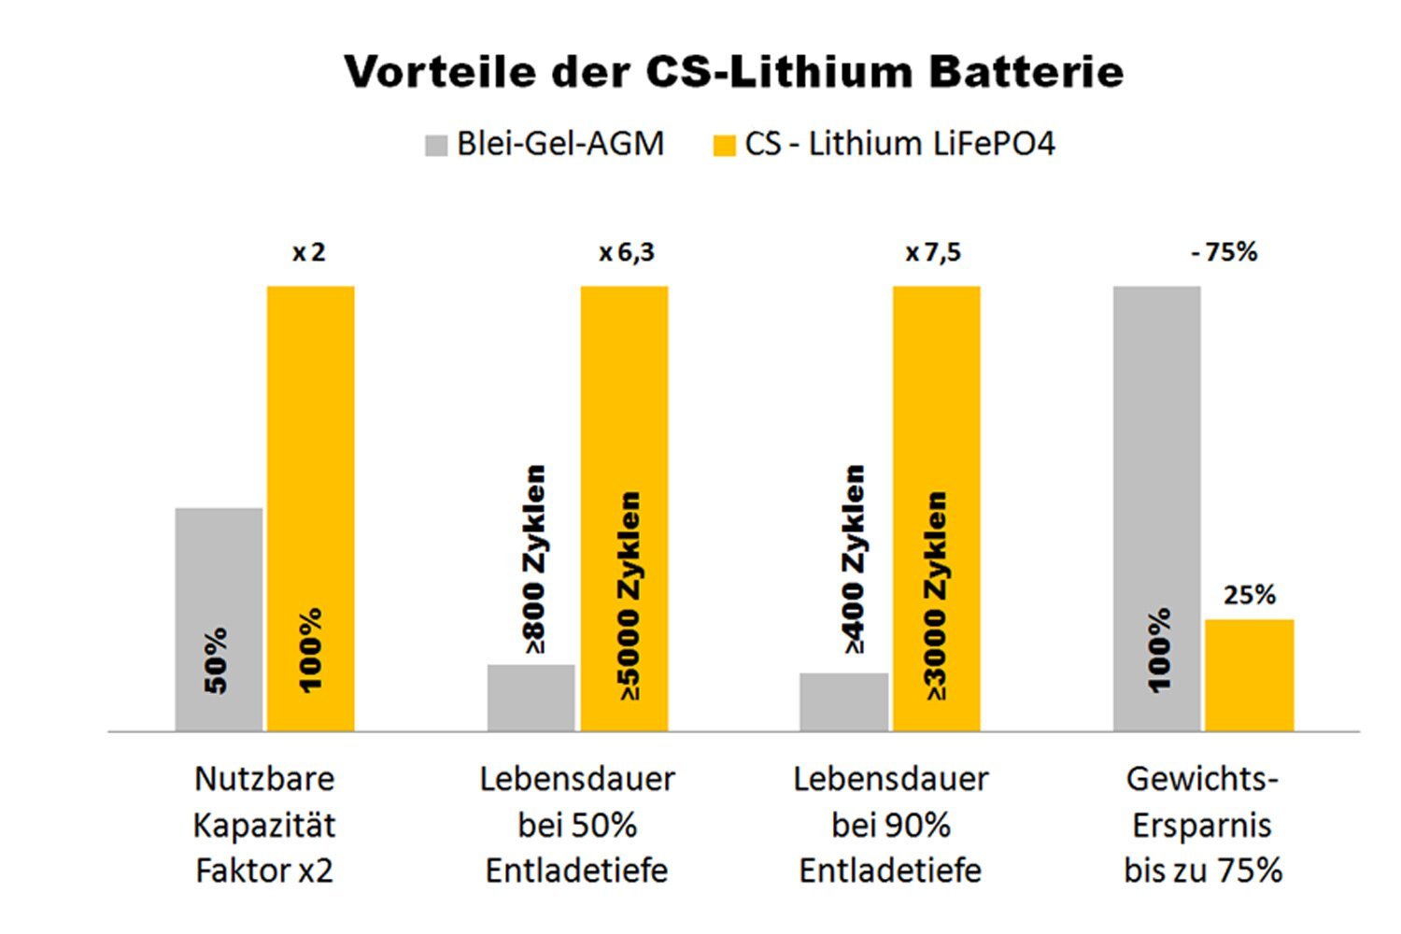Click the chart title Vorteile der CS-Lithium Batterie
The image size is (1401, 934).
click(x=733, y=72)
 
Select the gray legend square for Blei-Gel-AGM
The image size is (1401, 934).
click(x=436, y=146)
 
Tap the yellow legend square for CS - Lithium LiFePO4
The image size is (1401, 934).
click(x=724, y=146)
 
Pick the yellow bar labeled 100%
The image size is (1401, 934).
click(x=311, y=508)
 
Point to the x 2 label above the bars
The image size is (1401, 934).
click(x=309, y=252)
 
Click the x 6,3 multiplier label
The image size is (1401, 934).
click(x=627, y=252)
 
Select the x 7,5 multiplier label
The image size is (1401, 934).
click(x=933, y=252)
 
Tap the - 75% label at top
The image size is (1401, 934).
click(x=1224, y=252)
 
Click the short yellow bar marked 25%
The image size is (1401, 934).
click(x=1249, y=674)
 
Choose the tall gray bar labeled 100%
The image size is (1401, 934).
click(x=1156, y=508)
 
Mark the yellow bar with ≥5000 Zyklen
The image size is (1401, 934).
click(x=624, y=508)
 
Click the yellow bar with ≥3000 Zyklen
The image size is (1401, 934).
click(x=937, y=508)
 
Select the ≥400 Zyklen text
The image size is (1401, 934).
click(x=854, y=559)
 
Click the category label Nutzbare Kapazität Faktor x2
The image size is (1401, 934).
click(x=264, y=825)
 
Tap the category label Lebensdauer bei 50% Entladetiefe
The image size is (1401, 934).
click(x=577, y=825)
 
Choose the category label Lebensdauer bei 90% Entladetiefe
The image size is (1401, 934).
click(x=890, y=825)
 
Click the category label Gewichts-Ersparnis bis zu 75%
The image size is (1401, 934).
click(x=1203, y=825)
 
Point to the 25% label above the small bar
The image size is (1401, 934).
click(x=1250, y=595)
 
